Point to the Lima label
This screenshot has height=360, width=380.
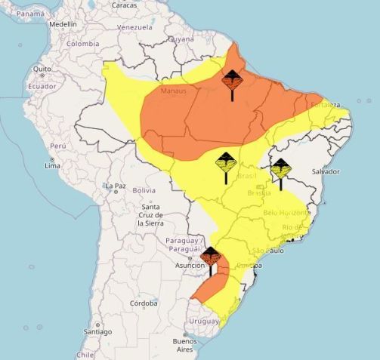(x=52, y=166)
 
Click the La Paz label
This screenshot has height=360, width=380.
(x=116, y=186)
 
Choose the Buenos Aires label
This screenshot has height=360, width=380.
(x=184, y=346)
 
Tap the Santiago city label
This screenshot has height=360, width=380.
(x=97, y=332)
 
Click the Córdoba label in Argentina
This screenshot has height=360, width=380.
(x=143, y=303)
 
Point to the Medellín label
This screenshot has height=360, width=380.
(x=63, y=24)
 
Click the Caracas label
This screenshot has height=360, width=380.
(x=125, y=5)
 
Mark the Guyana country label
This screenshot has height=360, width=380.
(x=181, y=38)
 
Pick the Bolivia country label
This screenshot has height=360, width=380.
(x=144, y=190)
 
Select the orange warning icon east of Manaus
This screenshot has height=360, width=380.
(x=232, y=80)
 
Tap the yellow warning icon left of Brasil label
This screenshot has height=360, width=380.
(x=226, y=164)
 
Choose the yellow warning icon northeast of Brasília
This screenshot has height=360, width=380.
(x=280, y=169)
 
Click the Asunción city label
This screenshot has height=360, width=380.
(x=190, y=265)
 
